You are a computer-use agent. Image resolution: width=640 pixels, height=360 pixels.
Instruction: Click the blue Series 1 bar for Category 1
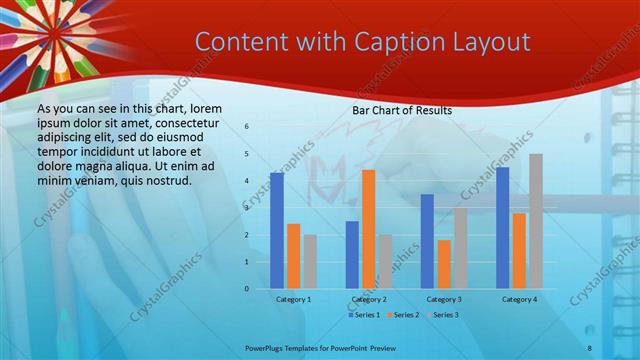click(276, 231)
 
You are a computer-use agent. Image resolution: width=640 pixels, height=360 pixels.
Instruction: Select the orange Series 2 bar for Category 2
click(368, 229)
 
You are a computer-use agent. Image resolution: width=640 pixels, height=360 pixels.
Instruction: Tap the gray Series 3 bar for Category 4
click(536, 221)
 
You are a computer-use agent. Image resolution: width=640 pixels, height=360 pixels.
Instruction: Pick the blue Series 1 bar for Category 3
click(427, 241)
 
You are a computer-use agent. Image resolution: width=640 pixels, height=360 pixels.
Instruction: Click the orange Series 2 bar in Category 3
click(444, 264)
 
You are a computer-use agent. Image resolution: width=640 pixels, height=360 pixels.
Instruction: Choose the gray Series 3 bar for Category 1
click(310, 262)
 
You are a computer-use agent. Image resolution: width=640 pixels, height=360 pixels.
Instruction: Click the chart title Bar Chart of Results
click(402, 110)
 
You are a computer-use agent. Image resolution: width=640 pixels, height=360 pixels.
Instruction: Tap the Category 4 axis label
click(518, 299)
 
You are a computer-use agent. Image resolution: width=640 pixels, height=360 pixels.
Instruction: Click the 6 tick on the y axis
click(247, 127)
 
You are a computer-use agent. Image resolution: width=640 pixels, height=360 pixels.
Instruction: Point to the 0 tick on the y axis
click(247, 289)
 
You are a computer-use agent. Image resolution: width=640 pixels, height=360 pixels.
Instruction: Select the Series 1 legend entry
click(366, 315)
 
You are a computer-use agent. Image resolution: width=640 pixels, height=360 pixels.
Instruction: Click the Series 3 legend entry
click(443, 315)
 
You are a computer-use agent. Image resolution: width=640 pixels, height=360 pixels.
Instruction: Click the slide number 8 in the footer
click(589, 347)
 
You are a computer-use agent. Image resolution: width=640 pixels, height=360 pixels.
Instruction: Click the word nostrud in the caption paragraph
click(168, 181)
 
